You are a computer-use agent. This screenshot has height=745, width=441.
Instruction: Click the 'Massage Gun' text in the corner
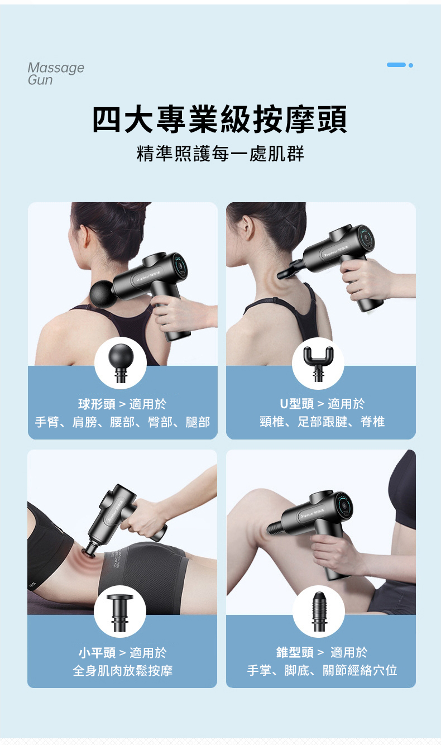point(56,74)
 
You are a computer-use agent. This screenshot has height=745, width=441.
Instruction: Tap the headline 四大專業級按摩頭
point(220,120)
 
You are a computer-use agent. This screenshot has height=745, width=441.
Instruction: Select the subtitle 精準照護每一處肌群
point(220,154)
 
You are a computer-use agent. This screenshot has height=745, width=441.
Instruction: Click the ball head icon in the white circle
point(121,363)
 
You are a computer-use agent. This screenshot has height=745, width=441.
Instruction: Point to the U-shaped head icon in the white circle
point(318,363)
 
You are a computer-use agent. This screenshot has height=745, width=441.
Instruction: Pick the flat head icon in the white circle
point(120,613)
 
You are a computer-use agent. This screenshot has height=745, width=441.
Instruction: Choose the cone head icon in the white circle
point(319,612)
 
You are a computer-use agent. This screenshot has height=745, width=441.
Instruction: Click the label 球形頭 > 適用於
point(122,404)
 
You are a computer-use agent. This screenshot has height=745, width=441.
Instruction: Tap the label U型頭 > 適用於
point(322,404)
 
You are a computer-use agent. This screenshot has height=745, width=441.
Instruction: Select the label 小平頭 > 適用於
point(122,653)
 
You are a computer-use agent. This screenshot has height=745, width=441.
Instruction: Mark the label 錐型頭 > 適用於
point(322,652)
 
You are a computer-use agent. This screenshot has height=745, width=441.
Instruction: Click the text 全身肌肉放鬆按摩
point(123,671)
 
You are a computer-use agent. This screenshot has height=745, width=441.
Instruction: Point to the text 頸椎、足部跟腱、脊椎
point(322,422)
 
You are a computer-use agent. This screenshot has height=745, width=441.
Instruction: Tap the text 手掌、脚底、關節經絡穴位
point(322,670)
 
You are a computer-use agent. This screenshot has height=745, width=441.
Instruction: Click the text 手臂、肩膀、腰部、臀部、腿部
point(123,422)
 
